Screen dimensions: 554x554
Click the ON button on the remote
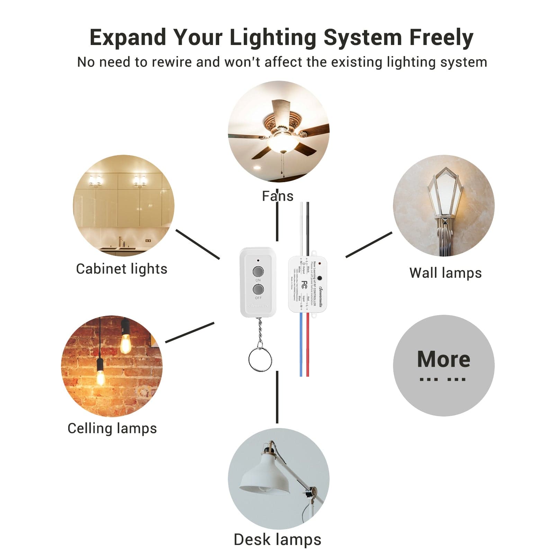click(x=258, y=271)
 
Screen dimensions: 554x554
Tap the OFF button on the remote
click(x=258, y=289)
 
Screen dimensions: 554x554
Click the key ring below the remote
click(x=260, y=360)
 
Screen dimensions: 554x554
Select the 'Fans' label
click(x=277, y=196)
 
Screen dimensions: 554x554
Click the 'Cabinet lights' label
click(x=122, y=269)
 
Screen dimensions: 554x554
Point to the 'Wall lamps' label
click(x=445, y=273)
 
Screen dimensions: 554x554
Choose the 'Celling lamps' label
click(x=112, y=428)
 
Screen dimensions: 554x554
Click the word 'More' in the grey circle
click(x=444, y=359)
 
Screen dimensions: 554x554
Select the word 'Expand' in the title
click(x=128, y=37)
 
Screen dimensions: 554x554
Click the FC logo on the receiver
click(x=304, y=285)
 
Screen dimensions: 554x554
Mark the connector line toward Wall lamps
click(x=369, y=245)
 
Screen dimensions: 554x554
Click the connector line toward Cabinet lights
click(x=198, y=244)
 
